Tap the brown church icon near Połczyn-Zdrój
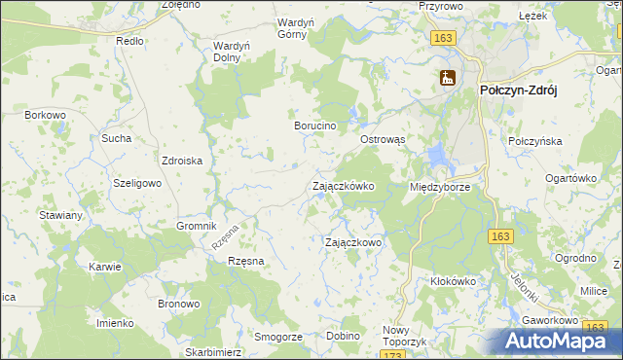(x=448, y=78)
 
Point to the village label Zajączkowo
(x=352, y=242)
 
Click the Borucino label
(x=315, y=126)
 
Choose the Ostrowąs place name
(x=383, y=140)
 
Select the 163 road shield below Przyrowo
(x=444, y=37)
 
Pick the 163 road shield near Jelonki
(x=500, y=236)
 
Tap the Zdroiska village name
(x=181, y=162)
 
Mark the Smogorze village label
(x=277, y=336)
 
